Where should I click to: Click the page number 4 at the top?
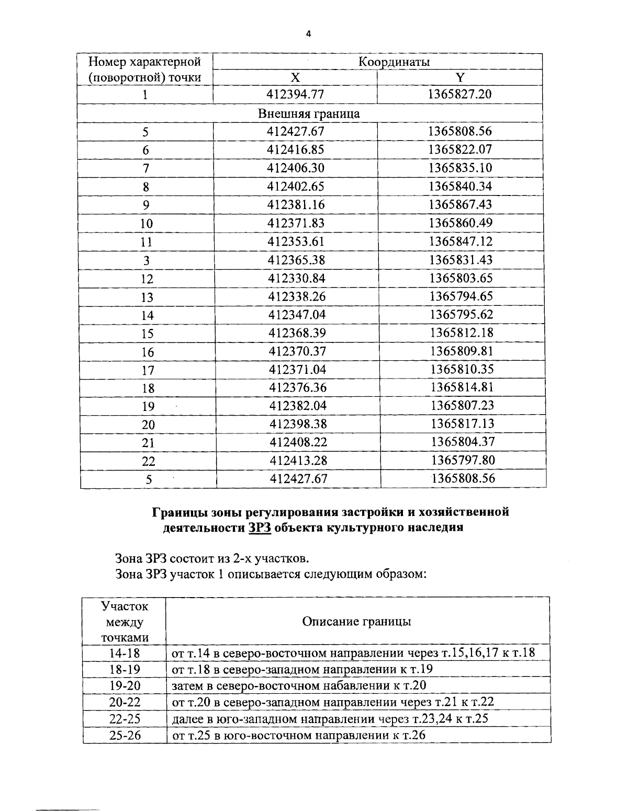click(x=308, y=35)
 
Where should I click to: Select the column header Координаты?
click(x=394, y=62)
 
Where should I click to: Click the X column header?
click(x=295, y=78)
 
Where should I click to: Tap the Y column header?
click(x=459, y=78)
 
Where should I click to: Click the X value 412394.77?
click(x=295, y=95)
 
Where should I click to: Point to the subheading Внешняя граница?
click(x=309, y=113)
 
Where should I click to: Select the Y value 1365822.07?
click(x=460, y=150)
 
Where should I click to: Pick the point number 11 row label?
click(x=147, y=242)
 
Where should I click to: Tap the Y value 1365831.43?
click(x=461, y=260)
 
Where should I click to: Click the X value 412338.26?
click(x=297, y=296)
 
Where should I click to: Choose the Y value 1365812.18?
click(x=462, y=333)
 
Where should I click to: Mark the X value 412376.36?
click(x=297, y=387)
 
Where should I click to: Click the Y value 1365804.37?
click(x=463, y=442)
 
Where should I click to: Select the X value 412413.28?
click(x=298, y=460)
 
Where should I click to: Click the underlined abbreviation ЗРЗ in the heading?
click(x=260, y=527)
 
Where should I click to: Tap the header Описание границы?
click(x=356, y=621)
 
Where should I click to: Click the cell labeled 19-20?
click(x=125, y=685)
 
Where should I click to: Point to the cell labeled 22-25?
click(x=125, y=718)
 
